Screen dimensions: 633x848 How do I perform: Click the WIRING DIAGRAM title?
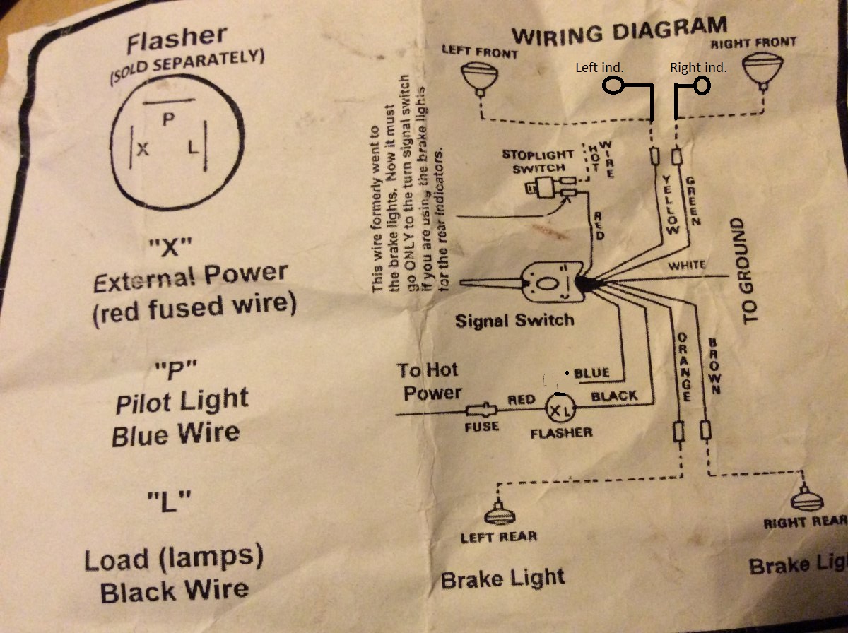coord(619,30)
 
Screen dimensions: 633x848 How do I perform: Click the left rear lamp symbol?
coord(500,511)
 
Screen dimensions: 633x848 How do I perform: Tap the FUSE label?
coord(481,426)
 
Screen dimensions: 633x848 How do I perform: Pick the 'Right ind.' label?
coord(697,68)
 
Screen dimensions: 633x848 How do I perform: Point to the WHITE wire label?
coord(687,266)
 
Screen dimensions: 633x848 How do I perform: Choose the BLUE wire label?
coord(592,372)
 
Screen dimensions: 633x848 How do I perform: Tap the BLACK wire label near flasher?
coord(613,396)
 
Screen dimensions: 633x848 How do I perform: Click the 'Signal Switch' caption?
coord(514,320)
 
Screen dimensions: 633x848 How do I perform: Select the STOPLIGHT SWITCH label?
coord(534,161)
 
